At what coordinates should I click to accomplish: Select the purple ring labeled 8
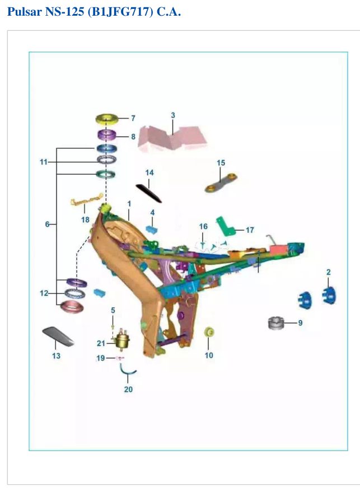click(106, 135)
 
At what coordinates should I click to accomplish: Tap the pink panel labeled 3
click(172, 139)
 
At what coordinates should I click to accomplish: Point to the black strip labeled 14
click(149, 194)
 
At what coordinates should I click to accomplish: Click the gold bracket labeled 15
click(221, 182)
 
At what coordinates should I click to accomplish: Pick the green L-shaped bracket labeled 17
click(227, 227)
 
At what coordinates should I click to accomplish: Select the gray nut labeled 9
click(276, 323)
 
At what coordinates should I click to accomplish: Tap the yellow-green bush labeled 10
click(209, 332)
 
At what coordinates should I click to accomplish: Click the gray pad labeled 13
click(58, 336)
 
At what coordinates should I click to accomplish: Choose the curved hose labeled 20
click(128, 372)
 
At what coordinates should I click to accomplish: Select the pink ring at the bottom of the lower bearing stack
click(72, 307)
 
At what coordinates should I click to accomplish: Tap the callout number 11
click(43, 162)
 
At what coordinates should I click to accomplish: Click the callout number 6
click(47, 224)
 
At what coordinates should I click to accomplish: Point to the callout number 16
click(203, 226)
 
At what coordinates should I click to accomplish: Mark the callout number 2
click(329, 272)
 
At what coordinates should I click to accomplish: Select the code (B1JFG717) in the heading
click(120, 12)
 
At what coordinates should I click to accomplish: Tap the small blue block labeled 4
click(152, 229)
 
